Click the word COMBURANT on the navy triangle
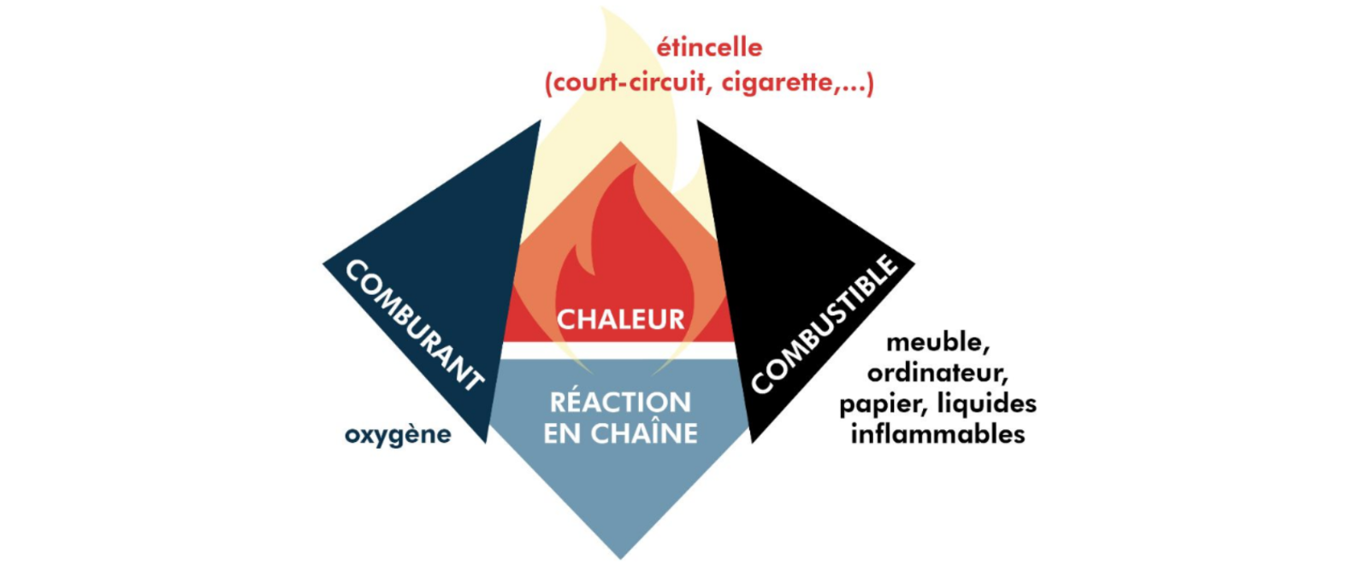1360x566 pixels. click(x=414, y=326)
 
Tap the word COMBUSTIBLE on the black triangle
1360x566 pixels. click(x=825, y=324)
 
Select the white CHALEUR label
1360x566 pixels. click(x=621, y=320)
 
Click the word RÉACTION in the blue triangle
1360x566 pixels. click(x=620, y=402)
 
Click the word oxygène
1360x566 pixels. click(x=398, y=435)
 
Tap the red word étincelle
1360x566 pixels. click(x=709, y=47)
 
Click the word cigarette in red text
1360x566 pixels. click(x=778, y=83)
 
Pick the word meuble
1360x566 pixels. click(x=937, y=342)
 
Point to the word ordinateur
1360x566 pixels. click(x=937, y=373)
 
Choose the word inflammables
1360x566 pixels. click(x=937, y=433)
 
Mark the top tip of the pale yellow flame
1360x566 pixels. click(x=606, y=10)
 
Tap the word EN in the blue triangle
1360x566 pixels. click(x=562, y=433)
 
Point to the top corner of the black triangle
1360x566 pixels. click(x=699, y=122)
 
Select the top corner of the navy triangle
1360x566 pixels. click(x=539, y=122)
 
